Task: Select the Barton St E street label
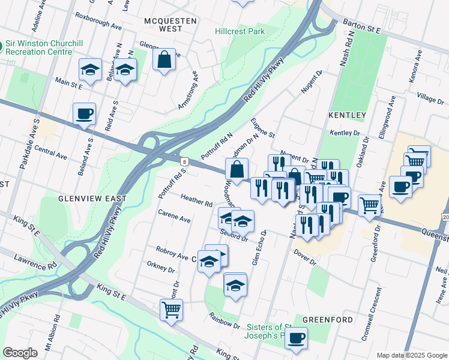[362, 26]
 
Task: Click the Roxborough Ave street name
[97, 24]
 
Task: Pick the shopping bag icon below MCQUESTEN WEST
[164, 60]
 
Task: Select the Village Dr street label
[430, 97]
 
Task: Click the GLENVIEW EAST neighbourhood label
[92, 198]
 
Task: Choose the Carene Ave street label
[174, 217]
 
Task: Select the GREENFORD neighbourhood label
[327, 320]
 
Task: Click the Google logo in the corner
[20, 353]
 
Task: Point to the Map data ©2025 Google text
[411, 355]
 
